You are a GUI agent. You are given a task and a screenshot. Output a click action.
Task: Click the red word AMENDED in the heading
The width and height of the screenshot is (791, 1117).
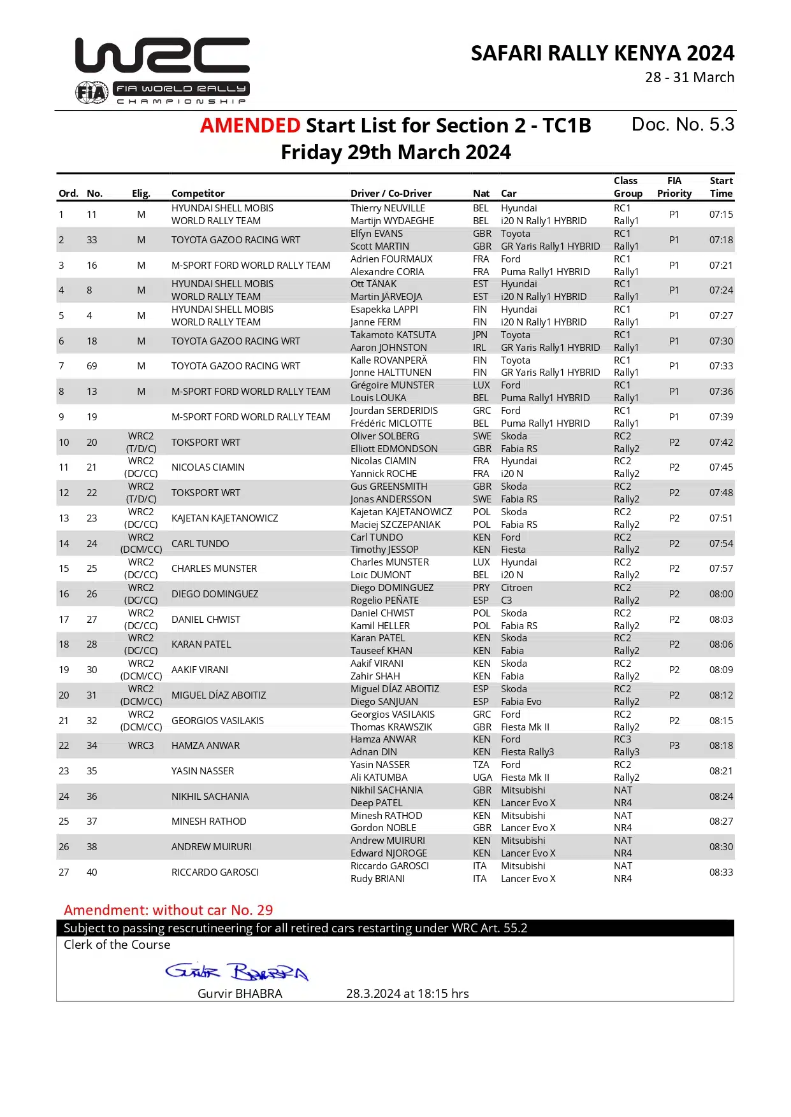[250, 125]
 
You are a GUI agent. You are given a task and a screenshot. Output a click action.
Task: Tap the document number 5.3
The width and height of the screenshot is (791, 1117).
[683, 125]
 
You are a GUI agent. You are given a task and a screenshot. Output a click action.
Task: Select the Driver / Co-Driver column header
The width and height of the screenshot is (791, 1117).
[391, 194]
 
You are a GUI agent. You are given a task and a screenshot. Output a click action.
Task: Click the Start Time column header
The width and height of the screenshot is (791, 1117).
[721, 187]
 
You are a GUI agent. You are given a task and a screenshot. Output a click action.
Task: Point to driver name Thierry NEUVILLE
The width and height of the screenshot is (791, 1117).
[388, 208]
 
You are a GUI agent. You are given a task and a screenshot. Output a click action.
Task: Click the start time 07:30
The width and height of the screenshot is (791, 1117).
[721, 341]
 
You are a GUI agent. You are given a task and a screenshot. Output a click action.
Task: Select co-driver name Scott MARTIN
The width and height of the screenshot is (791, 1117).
[380, 246]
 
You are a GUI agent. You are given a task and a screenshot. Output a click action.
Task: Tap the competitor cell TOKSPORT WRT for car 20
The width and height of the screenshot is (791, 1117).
[206, 443]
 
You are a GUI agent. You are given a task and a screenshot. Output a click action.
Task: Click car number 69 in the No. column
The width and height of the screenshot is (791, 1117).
[92, 366]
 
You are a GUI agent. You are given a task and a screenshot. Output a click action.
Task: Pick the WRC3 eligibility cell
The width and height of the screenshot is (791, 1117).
[141, 746]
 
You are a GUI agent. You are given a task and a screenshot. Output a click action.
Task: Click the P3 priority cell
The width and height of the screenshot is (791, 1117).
[674, 746]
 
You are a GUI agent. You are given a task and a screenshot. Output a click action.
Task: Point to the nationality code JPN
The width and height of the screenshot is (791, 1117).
[480, 335]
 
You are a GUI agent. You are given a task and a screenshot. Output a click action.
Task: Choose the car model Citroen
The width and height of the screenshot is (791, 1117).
[516, 588]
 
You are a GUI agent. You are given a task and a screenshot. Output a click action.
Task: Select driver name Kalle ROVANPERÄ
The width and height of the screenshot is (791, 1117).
[389, 360]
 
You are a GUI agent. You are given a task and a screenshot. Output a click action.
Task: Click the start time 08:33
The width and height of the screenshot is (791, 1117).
[721, 872]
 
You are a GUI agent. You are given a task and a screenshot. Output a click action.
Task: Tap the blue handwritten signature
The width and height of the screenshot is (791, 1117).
[236, 972]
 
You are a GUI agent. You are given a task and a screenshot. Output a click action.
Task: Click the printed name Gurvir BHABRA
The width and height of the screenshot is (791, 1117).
[240, 994]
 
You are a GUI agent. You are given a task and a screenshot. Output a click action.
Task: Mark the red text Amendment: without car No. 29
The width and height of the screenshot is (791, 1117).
[168, 910]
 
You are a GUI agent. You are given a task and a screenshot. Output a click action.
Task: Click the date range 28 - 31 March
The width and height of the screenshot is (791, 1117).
[690, 78]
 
